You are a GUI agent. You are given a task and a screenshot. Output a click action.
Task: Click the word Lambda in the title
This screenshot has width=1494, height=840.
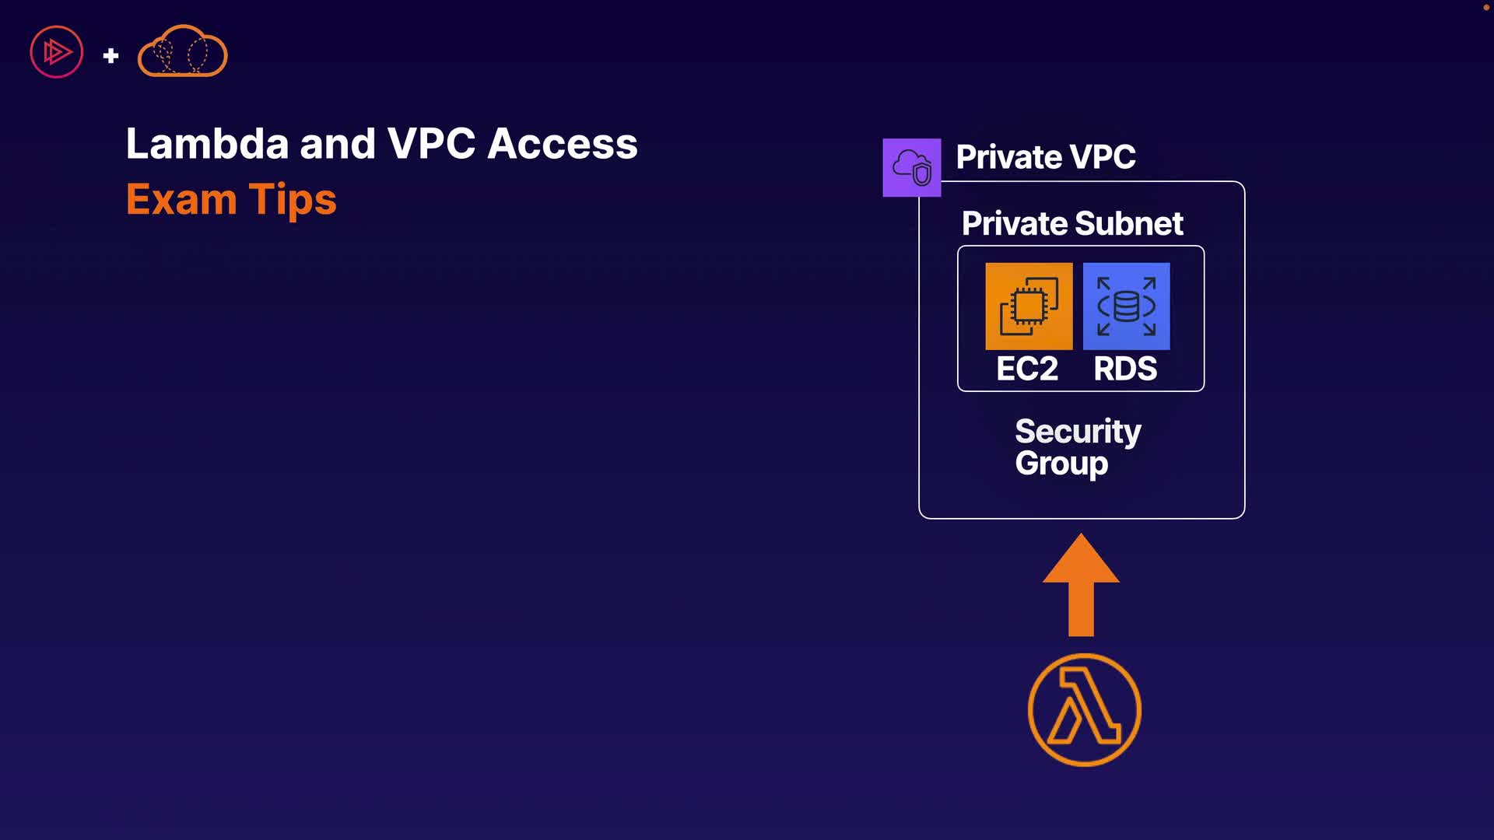coord(207,144)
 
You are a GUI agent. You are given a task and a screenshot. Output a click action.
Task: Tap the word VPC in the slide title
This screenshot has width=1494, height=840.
coord(431,144)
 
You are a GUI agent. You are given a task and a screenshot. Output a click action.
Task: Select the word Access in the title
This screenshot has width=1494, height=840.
coord(563,144)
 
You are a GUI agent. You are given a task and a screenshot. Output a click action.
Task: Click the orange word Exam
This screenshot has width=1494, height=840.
coord(181,199)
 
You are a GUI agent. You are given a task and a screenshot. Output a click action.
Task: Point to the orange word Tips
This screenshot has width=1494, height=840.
coord(293,201)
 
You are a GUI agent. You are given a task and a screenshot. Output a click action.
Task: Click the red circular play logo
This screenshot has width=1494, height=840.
coord(57,52)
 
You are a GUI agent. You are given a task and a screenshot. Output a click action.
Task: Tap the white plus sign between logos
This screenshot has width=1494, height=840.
coord(110,55)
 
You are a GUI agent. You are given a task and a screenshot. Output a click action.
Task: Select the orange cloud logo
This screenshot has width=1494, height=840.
coord(182,51)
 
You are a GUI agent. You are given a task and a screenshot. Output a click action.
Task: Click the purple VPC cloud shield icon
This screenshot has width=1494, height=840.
coord(911,167)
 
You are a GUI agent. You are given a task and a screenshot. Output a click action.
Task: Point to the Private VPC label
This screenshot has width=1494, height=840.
coord(1045,157)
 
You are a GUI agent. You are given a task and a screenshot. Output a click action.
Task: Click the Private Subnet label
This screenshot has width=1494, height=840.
coord(1071,224)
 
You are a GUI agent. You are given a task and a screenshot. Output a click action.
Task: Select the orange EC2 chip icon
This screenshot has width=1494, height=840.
coord(1029,306)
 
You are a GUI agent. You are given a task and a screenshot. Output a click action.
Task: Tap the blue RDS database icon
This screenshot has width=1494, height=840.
coord(1126,306)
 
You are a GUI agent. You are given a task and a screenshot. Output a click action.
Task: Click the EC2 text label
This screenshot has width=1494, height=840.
coord(1027,369)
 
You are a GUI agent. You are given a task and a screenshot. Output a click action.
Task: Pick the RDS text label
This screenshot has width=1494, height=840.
coord(1125,369)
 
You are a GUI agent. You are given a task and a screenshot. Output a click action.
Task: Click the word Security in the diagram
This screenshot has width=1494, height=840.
coord(1078,432)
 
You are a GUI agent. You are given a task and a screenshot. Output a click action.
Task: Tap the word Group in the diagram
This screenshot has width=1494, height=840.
coord(1061,464)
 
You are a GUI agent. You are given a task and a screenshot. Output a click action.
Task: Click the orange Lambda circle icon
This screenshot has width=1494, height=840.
coord(1084,709)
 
